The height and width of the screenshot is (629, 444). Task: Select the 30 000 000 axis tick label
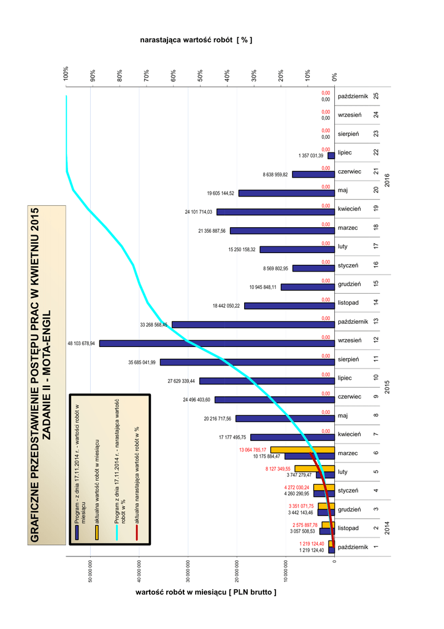(x=188, y=572)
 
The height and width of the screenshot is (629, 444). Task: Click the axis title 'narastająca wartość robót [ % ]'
(x=196, y=40)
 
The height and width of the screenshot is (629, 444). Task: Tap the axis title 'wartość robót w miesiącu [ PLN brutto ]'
(x=205, y=593)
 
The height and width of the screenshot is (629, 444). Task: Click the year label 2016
(x=388, y=181)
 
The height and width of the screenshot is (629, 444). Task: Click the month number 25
(x=375, y=96)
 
